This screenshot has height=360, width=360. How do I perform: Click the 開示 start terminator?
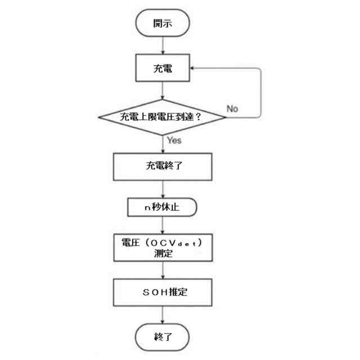tap(163, 24)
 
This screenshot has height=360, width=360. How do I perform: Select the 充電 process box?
tap(163, 69)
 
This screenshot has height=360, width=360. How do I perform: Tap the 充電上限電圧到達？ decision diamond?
tap(162, 117)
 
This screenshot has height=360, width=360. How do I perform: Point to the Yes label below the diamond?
tap(174, 141)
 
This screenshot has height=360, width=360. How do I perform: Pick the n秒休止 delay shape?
tap(162, 207)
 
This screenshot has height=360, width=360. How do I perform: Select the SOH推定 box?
tap(163, 292)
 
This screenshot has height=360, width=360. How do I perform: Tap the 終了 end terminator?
tap(163, 337)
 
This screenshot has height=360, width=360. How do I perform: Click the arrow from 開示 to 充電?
tap(163, 46)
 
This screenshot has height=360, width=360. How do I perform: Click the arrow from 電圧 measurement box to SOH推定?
tap(163, 270)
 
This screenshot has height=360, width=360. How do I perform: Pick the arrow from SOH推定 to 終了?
tap(163, 315)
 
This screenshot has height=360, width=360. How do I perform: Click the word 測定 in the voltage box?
tap(163, 254)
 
